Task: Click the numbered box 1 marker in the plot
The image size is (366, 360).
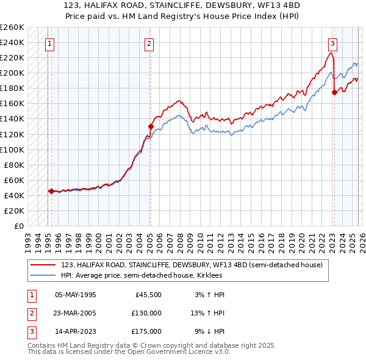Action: (49, 43)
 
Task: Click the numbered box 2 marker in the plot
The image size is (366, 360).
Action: (149, 43)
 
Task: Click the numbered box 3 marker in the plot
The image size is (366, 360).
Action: (332, 43)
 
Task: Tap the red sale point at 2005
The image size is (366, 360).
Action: (151, 126)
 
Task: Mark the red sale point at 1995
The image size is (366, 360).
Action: (51, 191)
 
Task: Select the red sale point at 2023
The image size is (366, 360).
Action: (334, 92)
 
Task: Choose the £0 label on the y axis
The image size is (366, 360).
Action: (18, 226)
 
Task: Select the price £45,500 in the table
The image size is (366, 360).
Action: (148, 295)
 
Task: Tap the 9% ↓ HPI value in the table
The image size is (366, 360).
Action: (209, 331)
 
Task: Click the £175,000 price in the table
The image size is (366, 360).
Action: (146, 331)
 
